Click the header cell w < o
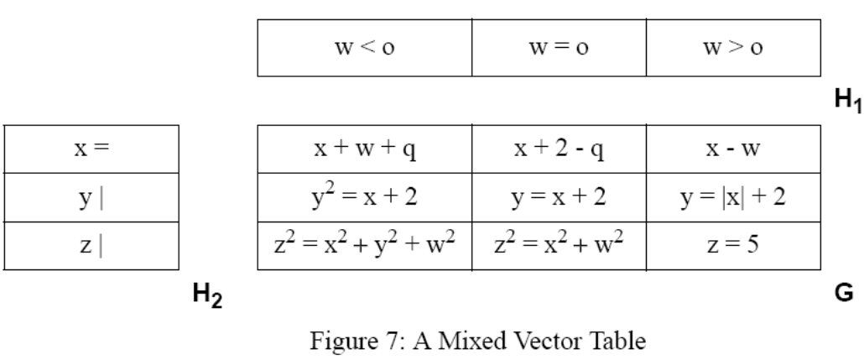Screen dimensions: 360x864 coord(364,48)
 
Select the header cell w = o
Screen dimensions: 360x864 coord(560,48)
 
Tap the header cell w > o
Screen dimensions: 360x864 coord(732,48)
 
